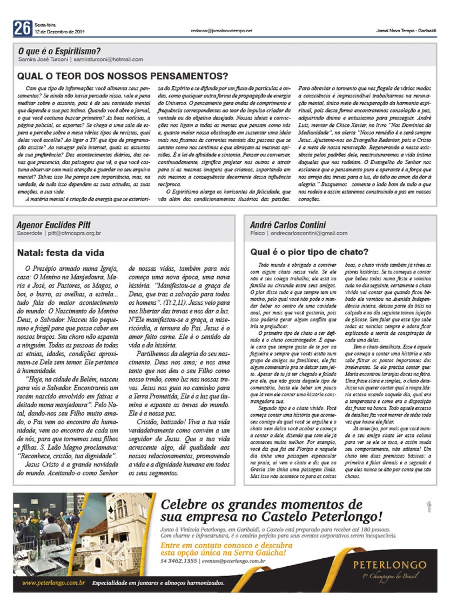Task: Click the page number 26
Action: click(22, 28)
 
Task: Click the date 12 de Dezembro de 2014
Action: click(60, 32)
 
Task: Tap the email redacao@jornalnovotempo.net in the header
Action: click(222, 31)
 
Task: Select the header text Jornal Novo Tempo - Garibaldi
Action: click(406, 31)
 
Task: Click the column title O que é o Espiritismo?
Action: click(60, 51)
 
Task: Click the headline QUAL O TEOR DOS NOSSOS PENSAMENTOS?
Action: click(122, 76)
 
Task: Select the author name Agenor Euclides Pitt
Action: click(54, 225)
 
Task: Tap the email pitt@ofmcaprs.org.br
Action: click(74, 233)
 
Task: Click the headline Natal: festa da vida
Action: click(60, 253)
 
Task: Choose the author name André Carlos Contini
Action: click(288, 225)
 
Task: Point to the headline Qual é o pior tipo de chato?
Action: click(309, 252)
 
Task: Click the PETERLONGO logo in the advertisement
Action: click(389, 565)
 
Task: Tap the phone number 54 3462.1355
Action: click(179, 561)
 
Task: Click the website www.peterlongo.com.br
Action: click(53, 583)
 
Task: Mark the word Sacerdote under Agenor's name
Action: click(29, 233)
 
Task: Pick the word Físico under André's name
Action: click(258, 233)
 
